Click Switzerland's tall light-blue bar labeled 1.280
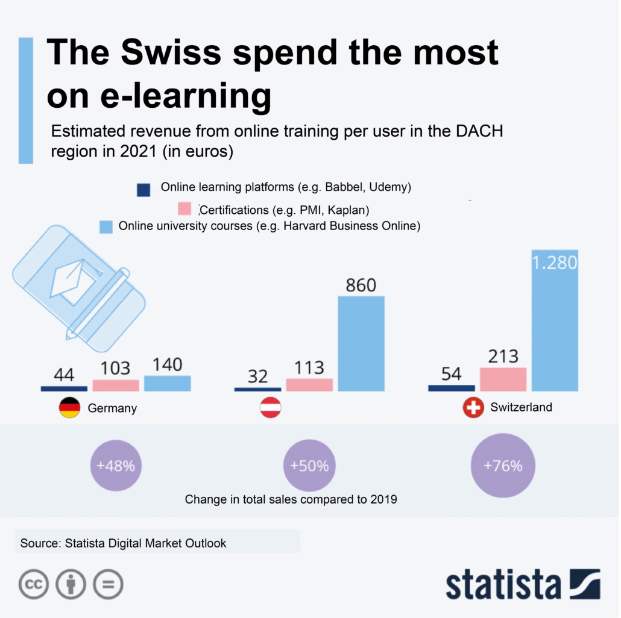[555, 325]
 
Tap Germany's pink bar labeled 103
[116, 385]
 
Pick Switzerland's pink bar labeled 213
[503, 379]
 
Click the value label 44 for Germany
[64, 375]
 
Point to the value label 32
[257, 376]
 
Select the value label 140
[168, 364]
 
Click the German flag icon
[69, 408]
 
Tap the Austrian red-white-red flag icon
[270, 408]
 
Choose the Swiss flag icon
[473, 408]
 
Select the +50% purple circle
[309, 466]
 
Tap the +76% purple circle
[503, 466]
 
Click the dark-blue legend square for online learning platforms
[143, 190]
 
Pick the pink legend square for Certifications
[184, 209]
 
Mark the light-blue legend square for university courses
[106, 227]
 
